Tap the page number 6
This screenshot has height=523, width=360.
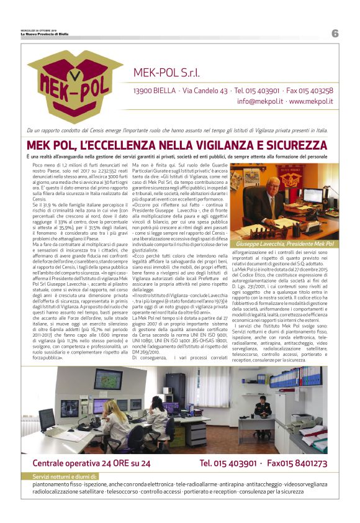tap(335, 34)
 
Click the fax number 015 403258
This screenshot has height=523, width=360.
tap(313, 90)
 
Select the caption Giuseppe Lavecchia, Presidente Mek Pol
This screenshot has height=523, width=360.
tap(284, 244)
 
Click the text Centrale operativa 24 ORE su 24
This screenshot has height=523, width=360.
tap(91, 463)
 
